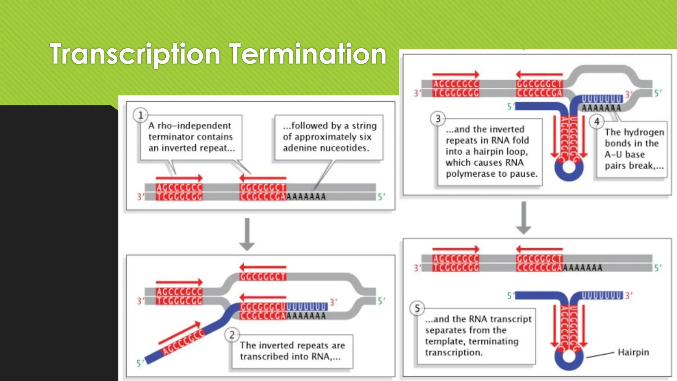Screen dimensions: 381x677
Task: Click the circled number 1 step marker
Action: point(140,115)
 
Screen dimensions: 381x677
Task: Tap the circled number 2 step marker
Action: point(232,335)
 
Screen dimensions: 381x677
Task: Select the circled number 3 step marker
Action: point(438,118)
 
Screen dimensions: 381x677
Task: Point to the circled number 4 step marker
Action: point(597,121)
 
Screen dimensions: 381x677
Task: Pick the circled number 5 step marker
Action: point(417,308)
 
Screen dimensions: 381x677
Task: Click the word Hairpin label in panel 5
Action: point(633,352)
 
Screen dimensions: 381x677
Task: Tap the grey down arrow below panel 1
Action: point(247,234)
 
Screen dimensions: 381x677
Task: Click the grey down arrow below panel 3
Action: point(524,218)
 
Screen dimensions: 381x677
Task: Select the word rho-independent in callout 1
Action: point(194,126)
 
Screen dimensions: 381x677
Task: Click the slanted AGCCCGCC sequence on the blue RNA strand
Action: point(183,343)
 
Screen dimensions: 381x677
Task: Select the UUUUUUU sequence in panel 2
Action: point(306,307)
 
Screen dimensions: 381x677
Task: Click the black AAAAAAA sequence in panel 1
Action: point(306,197)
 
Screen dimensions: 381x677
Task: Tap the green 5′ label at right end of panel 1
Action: point(381,197)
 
